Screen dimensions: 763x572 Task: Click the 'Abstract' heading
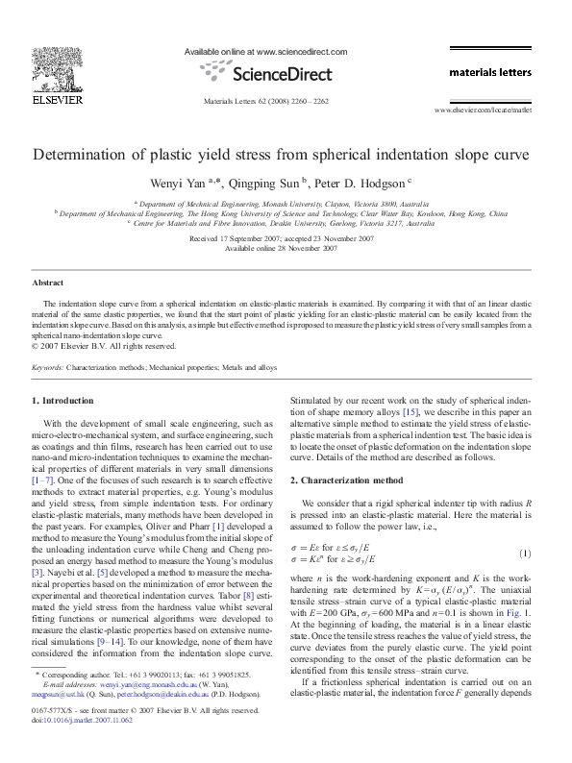coord(48,283)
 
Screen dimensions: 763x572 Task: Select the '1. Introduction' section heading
coord(63,400)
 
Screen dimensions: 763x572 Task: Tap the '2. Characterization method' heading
coord(352,480)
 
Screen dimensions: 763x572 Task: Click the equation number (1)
coord(526,554)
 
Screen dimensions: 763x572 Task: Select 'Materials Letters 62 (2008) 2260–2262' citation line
coord(266,100)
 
